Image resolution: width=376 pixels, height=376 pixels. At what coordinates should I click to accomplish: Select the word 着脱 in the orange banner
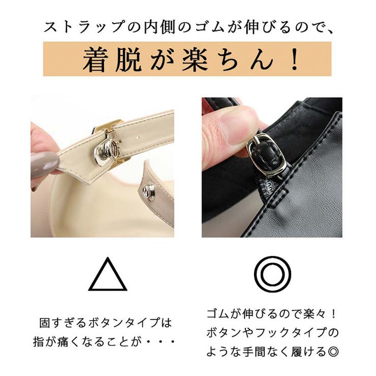point(112,59)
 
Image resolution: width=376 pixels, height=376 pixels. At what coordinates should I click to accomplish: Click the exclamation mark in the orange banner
point(294,59)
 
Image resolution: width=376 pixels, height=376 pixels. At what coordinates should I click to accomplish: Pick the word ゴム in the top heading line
point(209,27)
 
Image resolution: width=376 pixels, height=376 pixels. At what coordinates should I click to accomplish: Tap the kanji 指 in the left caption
point(39,342)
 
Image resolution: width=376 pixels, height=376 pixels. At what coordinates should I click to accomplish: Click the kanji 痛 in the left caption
point(64,342)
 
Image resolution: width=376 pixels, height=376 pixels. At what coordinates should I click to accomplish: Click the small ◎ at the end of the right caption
point(333,352)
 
